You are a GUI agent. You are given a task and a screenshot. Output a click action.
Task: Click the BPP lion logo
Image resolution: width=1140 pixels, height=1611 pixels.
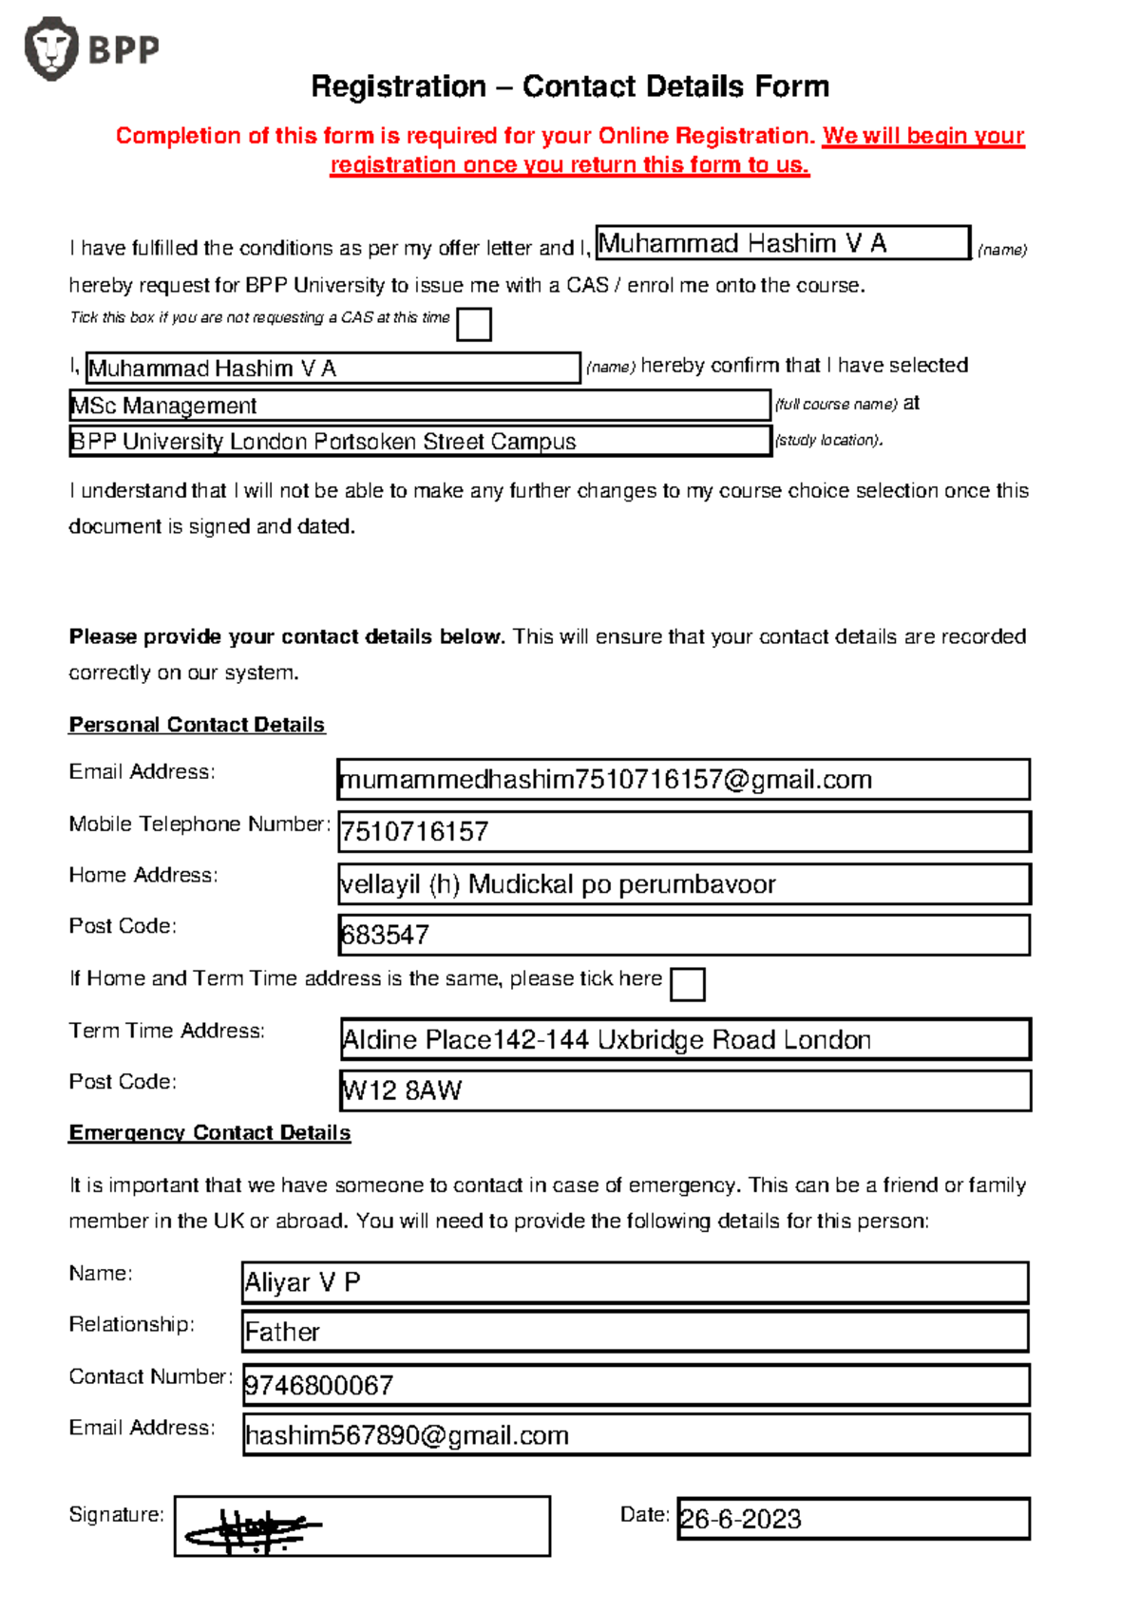(x=51, y=48)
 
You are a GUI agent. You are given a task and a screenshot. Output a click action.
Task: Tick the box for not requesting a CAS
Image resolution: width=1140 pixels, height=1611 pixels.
(x=473, y=325)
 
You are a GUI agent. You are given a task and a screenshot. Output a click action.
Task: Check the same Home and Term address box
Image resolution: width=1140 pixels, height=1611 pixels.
(x=687, y=985)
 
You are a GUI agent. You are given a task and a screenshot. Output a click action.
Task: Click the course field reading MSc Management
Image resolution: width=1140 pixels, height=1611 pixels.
(x=418, y=406)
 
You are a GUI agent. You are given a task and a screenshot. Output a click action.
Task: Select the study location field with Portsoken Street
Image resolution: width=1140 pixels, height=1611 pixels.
(x=418, y=442)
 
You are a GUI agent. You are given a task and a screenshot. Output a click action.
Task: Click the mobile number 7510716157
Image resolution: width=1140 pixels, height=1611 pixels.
(x=415, y=832)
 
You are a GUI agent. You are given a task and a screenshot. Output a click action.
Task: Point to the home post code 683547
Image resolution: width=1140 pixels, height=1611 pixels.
(x=386, y=936)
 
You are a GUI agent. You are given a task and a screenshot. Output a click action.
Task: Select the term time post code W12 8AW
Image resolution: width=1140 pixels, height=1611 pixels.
(x=403, y=1090)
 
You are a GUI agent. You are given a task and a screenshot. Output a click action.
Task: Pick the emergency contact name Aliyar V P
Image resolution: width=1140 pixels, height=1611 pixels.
(x=302, y=1283)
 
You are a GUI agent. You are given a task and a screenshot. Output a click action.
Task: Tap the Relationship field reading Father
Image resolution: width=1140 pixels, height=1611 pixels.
(x=282, y=1333)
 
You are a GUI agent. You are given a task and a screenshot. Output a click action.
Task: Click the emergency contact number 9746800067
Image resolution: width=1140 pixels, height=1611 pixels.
(x=319, y=1386)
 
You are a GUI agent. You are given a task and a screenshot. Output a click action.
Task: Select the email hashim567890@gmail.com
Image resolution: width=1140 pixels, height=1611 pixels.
(x=407, y=1436)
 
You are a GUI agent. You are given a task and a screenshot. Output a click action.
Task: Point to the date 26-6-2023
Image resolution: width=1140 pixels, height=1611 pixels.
(x=741, y=1520)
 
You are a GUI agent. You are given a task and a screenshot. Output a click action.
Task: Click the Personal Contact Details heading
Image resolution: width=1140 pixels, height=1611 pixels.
(x=197, y=725)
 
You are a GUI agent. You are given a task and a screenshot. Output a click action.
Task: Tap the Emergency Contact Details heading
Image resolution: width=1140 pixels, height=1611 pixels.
(x=209, y=1133)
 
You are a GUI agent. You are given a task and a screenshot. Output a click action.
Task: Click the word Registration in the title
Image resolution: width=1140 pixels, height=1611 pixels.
(x=399, y=87)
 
